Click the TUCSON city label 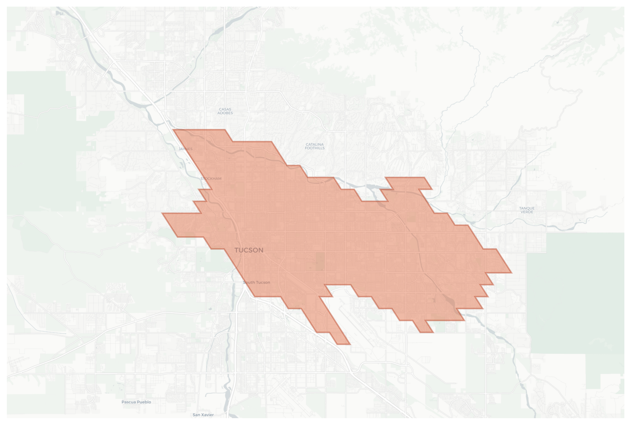249,250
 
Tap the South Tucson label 257,282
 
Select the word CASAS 225,109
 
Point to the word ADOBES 225,113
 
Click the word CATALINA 314,144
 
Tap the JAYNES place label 185,149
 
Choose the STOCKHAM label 211,179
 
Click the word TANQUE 527,208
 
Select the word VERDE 527,212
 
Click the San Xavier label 203,415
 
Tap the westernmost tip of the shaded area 163,213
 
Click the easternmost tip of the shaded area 511,273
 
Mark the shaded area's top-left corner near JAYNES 174,130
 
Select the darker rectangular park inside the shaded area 320,262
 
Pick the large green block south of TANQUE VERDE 575,293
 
